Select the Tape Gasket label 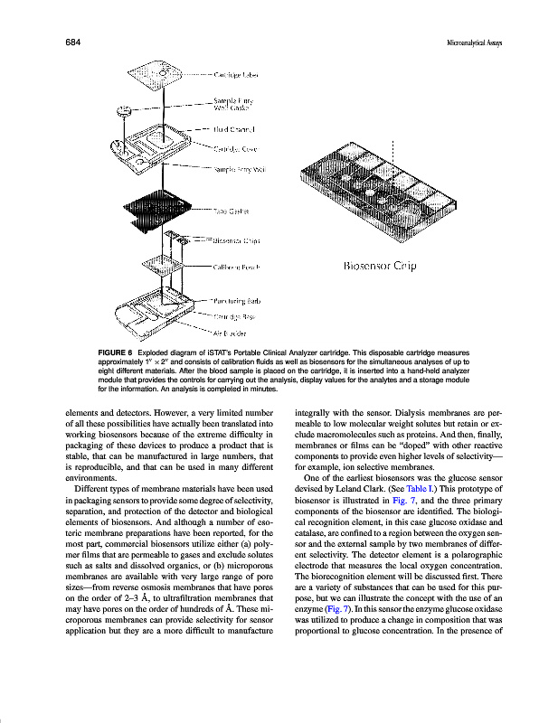(232, 211)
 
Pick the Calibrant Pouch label (238, 268)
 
